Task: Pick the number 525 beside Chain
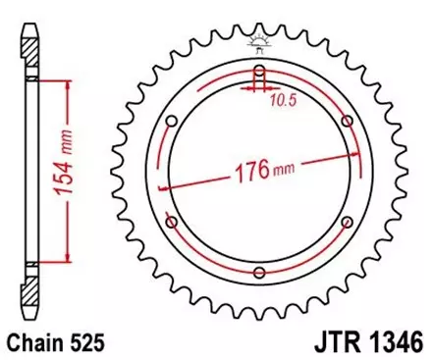[x=84, y=344]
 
